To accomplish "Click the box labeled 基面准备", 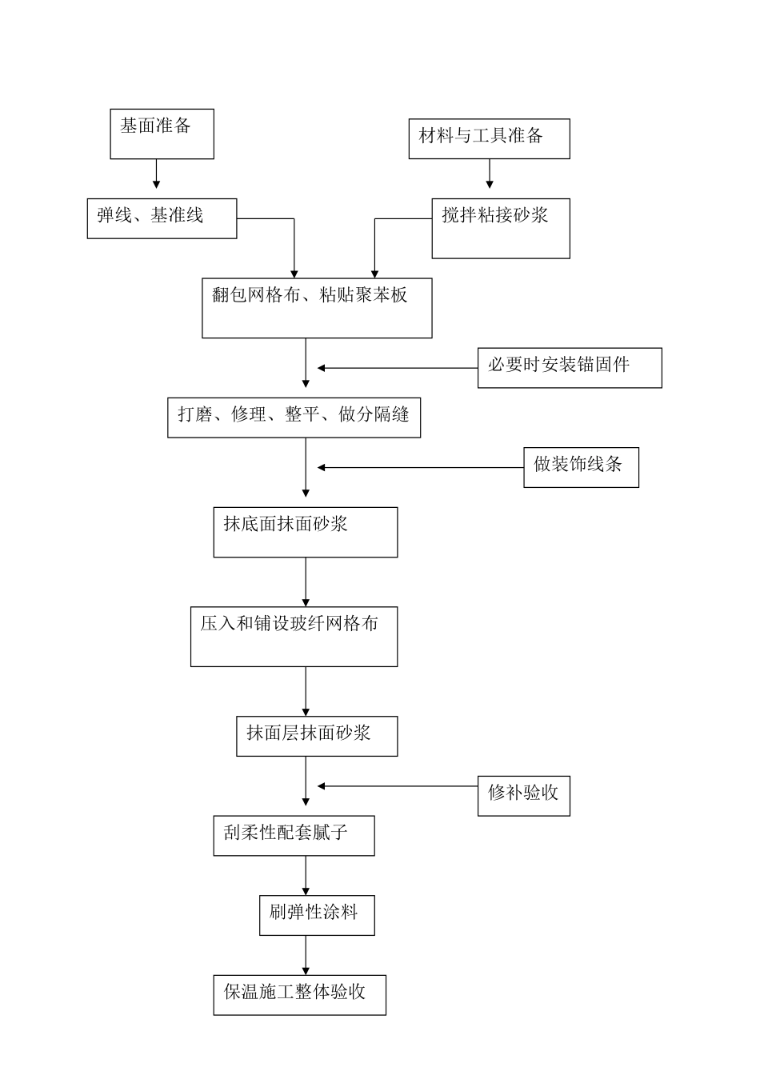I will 162,134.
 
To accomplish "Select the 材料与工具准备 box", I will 489,138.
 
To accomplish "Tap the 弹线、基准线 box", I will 162,218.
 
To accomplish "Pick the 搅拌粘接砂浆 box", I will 501,229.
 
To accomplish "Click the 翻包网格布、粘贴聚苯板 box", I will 317,308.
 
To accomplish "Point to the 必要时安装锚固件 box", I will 570,368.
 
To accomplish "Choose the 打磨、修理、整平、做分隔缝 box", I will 294,418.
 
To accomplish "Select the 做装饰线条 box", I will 582,467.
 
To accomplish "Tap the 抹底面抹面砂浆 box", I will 305,532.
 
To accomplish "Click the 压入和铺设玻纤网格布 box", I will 294,637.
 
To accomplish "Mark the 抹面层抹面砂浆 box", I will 317,736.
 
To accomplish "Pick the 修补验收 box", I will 523,796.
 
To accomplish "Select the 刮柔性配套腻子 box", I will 294,836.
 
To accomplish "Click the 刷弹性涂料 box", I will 317,916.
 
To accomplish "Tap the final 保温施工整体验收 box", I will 299,995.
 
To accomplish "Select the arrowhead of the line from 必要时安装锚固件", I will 322,368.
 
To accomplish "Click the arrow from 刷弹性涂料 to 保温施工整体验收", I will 306,955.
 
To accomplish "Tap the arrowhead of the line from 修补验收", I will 322,786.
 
